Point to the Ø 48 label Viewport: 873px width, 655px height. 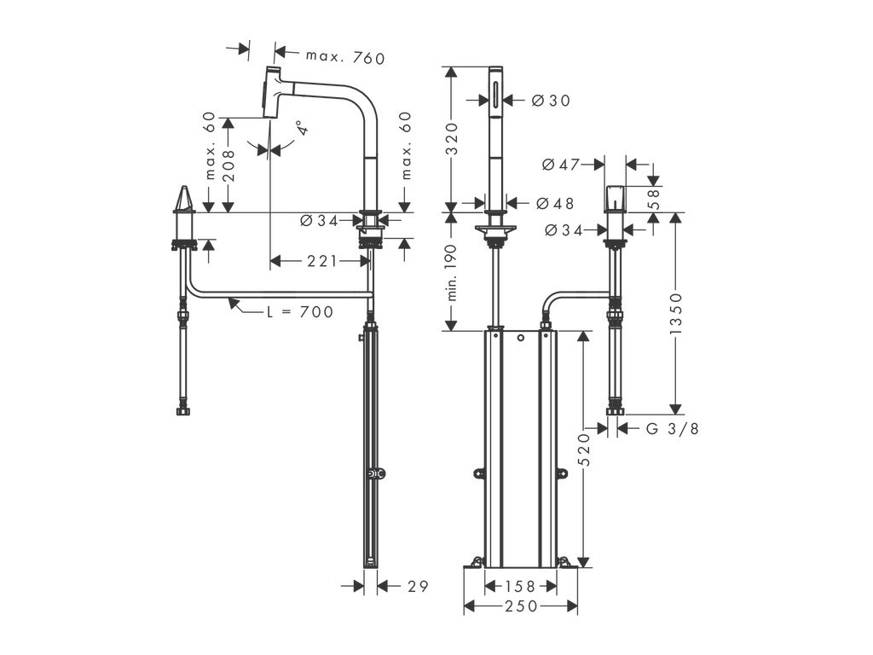click(555, 204)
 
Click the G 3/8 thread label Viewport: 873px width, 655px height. click(672, 428)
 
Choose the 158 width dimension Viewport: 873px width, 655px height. click(521, 586)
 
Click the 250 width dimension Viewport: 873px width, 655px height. click(521, 606)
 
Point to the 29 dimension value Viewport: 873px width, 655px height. click(417, 586)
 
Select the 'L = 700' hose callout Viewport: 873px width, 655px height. click(299, 312)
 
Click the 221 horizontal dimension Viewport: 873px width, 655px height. click(322, 261)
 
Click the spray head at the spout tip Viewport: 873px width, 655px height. click(273, 90)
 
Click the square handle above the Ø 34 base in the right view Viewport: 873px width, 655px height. click(614, 199)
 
